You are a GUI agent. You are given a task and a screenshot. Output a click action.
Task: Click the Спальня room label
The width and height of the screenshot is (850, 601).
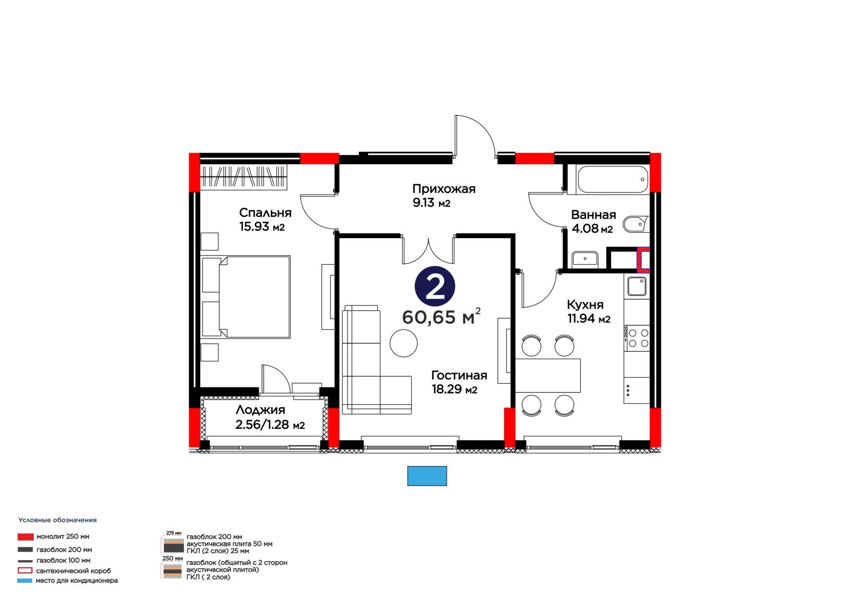click(265, 213)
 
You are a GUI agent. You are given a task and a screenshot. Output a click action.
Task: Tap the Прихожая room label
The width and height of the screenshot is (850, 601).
click(444, 189)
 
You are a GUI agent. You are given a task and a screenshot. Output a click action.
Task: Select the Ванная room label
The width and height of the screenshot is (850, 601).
click(593, 215)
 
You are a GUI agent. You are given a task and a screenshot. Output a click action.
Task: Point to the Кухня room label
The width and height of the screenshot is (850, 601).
click(585, 304)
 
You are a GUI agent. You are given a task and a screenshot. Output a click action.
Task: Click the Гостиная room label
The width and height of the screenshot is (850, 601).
click(459, 376)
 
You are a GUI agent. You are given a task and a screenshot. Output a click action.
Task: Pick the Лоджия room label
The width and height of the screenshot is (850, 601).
click(260, 410)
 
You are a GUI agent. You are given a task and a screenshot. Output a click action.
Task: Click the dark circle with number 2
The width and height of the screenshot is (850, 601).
click(435, 286)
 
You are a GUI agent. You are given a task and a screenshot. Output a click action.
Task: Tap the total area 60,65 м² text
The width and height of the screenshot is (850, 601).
click(441, 317)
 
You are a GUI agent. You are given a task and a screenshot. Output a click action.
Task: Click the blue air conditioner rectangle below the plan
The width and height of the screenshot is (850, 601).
click(427, 476)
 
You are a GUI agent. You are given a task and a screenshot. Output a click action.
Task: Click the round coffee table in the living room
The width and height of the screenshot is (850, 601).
click(403, 343)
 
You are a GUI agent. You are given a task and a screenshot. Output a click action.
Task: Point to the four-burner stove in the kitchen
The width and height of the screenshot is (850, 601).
click(637, 338)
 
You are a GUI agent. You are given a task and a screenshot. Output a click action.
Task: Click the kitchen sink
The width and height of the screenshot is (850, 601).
click(636, 286)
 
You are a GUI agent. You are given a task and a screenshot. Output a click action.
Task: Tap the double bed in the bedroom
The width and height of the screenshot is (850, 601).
click(246, 297)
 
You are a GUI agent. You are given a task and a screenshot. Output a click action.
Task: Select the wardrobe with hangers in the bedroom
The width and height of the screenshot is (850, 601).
click(243, 177)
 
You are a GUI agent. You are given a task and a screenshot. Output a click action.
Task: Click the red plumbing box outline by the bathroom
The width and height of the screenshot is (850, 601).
click(643, 260)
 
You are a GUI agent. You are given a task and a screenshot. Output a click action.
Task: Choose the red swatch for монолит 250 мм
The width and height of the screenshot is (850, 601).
click(25, 537)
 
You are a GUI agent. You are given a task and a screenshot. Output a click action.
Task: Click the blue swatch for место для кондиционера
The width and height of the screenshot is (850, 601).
click(24, 580)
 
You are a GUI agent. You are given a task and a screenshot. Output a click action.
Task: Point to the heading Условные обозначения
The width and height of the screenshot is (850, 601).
click(58, 520)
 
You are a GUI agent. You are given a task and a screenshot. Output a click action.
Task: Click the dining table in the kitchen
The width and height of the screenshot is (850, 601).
click(548, 376)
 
